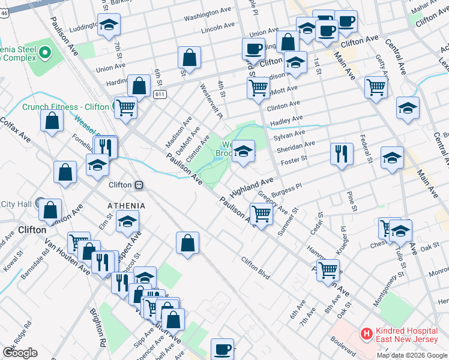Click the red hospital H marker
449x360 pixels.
pos(365,332)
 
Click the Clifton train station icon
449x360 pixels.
pos(139,185)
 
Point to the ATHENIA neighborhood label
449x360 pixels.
pos(126,206)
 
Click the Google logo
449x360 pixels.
pos(20,353)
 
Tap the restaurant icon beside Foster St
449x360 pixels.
pos(341,153)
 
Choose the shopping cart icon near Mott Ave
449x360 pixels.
pos(258,87)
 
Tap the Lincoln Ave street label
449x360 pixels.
pos(218,28)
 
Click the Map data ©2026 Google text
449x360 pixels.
pos(412,355)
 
